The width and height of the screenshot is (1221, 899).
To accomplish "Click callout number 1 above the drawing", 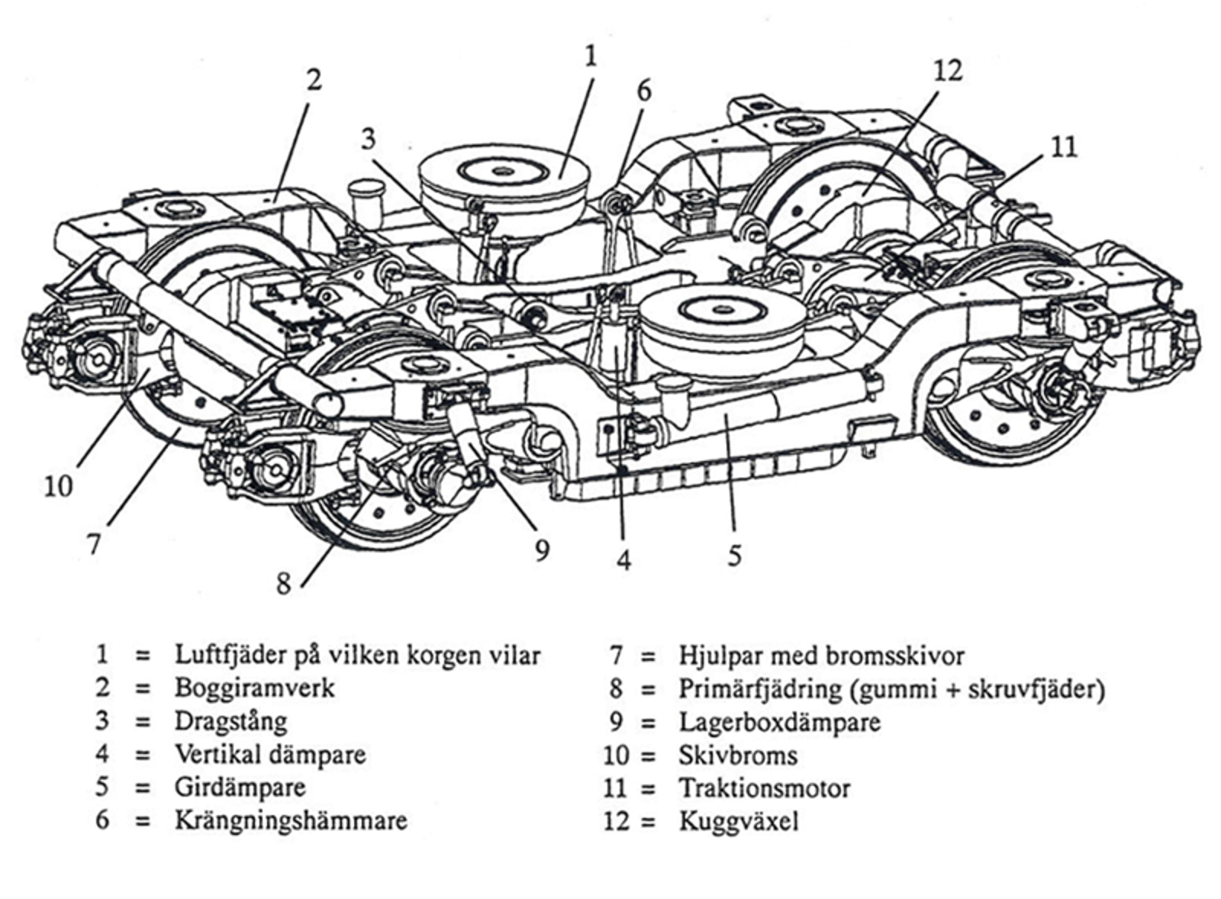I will coord(590,56).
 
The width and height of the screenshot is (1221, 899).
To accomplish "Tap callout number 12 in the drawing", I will coord(947,70).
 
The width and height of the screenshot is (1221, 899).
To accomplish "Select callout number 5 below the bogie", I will coord(734,555).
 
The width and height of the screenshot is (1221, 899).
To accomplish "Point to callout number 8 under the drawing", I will coord(284,584).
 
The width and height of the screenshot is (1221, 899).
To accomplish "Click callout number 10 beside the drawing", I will coord(58,485).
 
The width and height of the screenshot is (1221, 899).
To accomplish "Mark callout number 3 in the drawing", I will coord(369,139).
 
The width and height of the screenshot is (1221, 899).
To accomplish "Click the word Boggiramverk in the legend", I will coord(254,688).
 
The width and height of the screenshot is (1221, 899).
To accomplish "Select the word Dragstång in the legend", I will coord(230,721).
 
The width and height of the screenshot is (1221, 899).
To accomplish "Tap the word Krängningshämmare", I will coord(290,820).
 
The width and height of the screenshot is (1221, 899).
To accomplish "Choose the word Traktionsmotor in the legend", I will coord(764,788).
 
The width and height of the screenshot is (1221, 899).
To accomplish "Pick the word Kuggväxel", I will coord(738,821).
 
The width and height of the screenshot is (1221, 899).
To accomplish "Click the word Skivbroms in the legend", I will coord(737,755).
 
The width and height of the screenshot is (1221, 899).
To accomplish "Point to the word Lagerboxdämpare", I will coord(779,722).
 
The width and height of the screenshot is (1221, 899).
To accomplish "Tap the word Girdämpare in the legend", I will coord(240,788).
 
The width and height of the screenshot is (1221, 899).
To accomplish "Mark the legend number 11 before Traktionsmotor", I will coord(614,788).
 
